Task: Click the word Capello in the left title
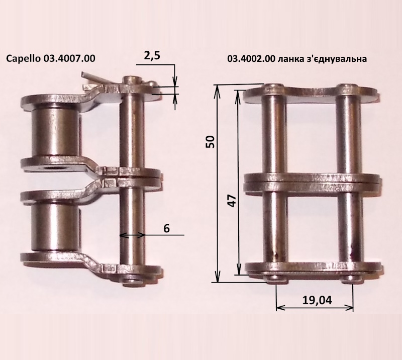23,58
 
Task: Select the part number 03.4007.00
69,58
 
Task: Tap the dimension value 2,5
152,55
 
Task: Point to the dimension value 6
166,228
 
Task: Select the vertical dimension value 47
232,201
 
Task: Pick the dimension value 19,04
317,300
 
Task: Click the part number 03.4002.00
251,59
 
